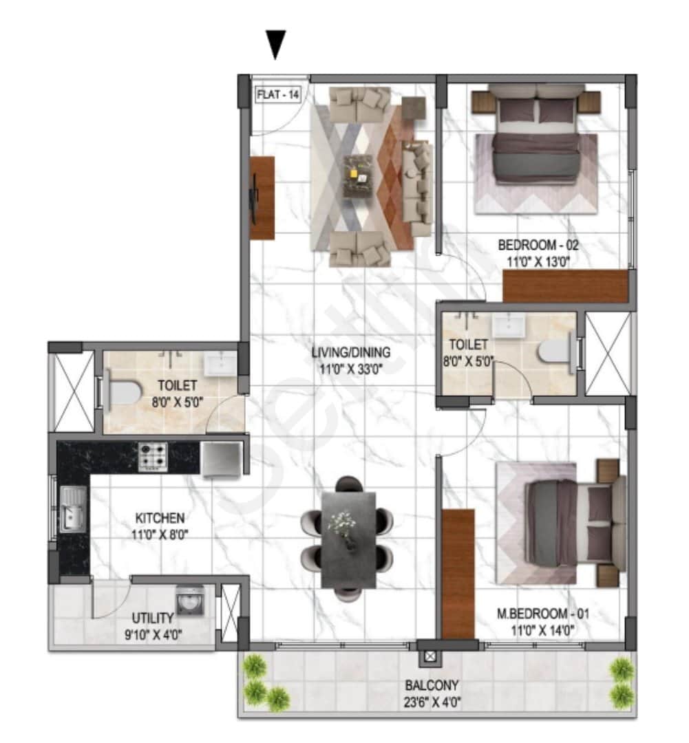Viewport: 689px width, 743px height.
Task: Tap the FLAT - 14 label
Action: pos(278,95)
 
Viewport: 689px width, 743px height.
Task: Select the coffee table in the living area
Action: pos(358,175)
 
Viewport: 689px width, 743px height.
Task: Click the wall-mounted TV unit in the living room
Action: pos(261,198)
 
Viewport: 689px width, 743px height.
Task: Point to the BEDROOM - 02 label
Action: pos(534,245)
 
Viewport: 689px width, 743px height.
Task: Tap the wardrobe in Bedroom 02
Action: pos(565,286)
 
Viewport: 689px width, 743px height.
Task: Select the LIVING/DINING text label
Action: pos(350,352)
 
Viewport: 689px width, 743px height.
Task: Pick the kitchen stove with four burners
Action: pos(153,457)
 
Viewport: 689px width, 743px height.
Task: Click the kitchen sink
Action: pos(72,508)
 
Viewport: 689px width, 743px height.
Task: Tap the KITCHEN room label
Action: pos(159,518)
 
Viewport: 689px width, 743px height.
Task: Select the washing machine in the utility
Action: pos(189,601)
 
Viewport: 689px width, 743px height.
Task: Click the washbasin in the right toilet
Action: pos(509,326)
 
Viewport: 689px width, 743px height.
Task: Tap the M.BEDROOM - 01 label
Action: pos(543,613)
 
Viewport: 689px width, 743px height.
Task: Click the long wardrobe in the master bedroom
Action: pos(458,574)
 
